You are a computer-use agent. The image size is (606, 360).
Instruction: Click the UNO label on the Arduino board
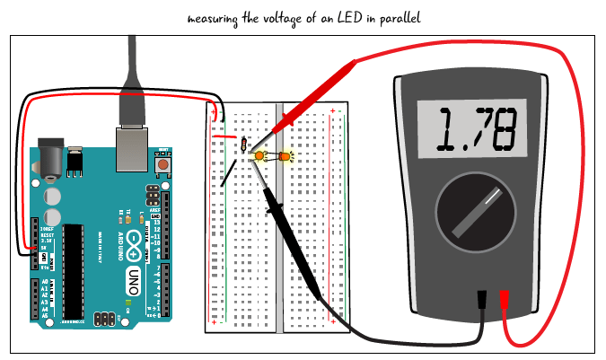point(134,273)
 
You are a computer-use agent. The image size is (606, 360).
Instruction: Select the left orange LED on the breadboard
point(259,156)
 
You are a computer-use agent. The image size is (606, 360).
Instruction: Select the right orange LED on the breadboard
point(288,157)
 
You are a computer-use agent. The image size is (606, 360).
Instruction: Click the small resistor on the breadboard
point(244,142)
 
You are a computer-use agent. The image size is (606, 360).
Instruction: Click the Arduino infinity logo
point(135,239)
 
